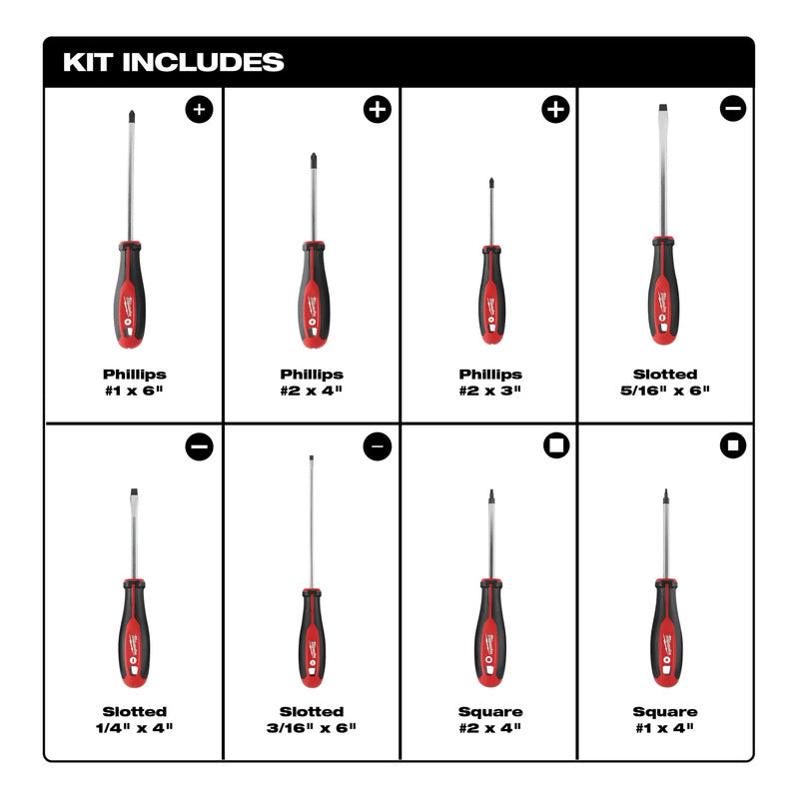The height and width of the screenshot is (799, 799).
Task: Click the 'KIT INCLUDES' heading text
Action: click(x=173, y=62)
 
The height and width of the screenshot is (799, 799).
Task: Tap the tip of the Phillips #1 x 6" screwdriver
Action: click(x=132, y=112)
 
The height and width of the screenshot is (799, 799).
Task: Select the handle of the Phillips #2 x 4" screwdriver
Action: click(x=314, y=295)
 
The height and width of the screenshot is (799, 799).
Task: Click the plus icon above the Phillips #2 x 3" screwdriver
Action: click(x=555, y=109)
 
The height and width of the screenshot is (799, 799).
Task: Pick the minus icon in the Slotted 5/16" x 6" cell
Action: click(x=733, y=108)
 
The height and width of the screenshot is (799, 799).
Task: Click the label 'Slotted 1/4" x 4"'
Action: click(x=135, y=719)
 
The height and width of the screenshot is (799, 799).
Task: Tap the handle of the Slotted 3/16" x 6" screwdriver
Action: click(x=312, y=638)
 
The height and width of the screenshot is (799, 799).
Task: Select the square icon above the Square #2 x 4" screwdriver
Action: click(x=556, y=445)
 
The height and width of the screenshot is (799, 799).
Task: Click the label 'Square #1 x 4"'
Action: click(x=665, y=719)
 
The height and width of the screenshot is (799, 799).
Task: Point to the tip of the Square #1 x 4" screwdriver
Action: click(x=665, y=490)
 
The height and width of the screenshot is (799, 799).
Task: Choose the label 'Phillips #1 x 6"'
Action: click(x=135, y=383)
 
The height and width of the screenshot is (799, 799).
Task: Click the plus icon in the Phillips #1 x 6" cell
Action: click(x=199, y=109)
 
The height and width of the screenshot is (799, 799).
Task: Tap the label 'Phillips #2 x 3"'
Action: click(x=490, y=383)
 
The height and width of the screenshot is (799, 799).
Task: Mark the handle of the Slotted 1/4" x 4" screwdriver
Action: click(x=134, y=634)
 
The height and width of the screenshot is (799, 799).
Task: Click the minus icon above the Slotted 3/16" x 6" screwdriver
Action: click(x=378, y=446)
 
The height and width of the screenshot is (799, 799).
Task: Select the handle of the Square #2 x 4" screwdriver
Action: click(x=491, y=633)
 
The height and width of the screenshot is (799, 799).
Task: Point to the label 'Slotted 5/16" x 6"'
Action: click(x=665, y=383)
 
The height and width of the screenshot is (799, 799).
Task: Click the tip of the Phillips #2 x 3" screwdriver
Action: click(x=491, y=180)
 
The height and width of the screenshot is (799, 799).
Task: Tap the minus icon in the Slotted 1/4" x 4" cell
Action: click(x=199, y=446)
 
